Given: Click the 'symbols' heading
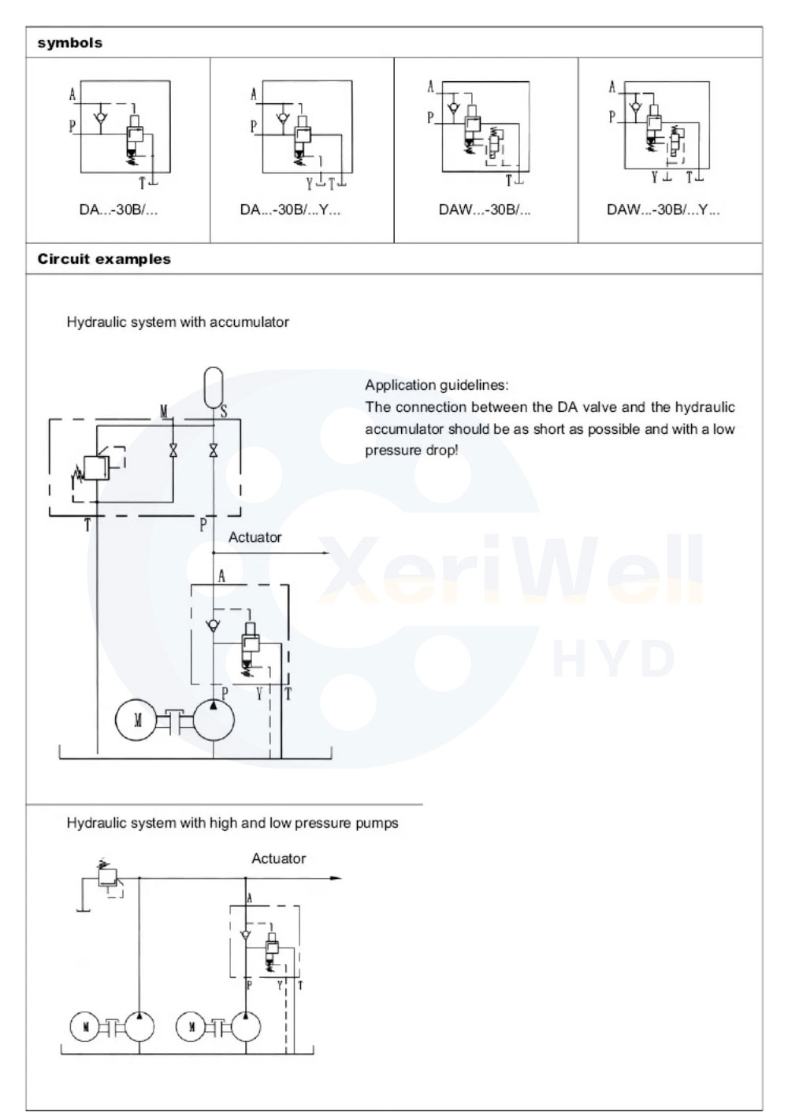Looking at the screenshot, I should coord(70,43).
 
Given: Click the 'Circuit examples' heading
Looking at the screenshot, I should coord(104,259).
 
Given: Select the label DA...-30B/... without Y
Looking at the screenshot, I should coord(119,210).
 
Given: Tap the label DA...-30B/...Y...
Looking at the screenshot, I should coord(291,210).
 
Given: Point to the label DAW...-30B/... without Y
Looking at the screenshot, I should coord(485,210).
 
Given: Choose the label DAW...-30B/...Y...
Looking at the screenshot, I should coord(663,210).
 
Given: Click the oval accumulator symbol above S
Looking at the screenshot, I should coord(214,386).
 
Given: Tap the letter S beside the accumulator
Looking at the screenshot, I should coord(224,411).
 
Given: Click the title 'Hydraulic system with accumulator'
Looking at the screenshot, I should coord(178,322).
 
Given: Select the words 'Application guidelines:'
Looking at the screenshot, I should coord(437,385).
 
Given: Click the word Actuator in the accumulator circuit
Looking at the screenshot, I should coord(255,537).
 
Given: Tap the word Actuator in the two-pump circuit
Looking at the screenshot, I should coord(278,858).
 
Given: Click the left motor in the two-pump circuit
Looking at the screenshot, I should coord(84,1027).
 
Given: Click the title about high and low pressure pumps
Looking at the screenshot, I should coord(232,823).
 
